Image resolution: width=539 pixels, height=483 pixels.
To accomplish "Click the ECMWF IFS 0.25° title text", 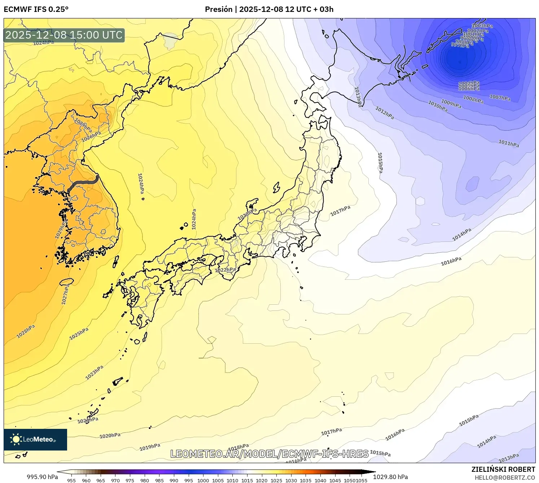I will pos(36,9).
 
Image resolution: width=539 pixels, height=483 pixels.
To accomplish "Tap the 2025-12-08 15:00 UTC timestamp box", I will pos(64,35).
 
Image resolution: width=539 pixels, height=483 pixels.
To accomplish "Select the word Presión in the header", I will pos(219,9).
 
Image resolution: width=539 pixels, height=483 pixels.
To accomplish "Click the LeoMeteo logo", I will pos(35,439).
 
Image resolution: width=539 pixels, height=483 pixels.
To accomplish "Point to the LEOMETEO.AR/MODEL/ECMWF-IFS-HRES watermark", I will pos(269,454).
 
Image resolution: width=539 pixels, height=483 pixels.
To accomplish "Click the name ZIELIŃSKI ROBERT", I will pos(503,469).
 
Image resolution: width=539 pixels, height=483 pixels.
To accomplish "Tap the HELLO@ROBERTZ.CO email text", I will pos(504,478).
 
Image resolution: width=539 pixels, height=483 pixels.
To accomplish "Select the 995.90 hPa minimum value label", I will pos(42,477).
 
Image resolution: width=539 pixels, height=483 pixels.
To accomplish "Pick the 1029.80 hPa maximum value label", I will pos(390,477).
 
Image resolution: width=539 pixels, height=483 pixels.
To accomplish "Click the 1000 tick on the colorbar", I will pos(203,480).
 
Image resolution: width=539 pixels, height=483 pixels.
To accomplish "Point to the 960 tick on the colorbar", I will pos(86,480).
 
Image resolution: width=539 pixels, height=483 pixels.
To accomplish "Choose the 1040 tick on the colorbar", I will pos(320,480).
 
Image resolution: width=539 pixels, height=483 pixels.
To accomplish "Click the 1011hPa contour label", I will pos(509,143).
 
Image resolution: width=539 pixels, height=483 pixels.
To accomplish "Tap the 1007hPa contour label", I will pos(500,97).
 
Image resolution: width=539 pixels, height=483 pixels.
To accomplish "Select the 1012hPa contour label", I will pos(385,113).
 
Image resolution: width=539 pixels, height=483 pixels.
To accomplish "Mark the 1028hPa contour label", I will pos(26,331).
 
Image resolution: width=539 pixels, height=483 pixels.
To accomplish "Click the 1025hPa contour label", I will pos(79,334).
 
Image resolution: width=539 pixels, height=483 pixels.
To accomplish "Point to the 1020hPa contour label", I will pos(110,436).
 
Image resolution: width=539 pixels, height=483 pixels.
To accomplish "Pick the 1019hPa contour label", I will pos(150,447).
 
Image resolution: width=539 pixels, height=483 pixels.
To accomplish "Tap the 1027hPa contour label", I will pos(65,294).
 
